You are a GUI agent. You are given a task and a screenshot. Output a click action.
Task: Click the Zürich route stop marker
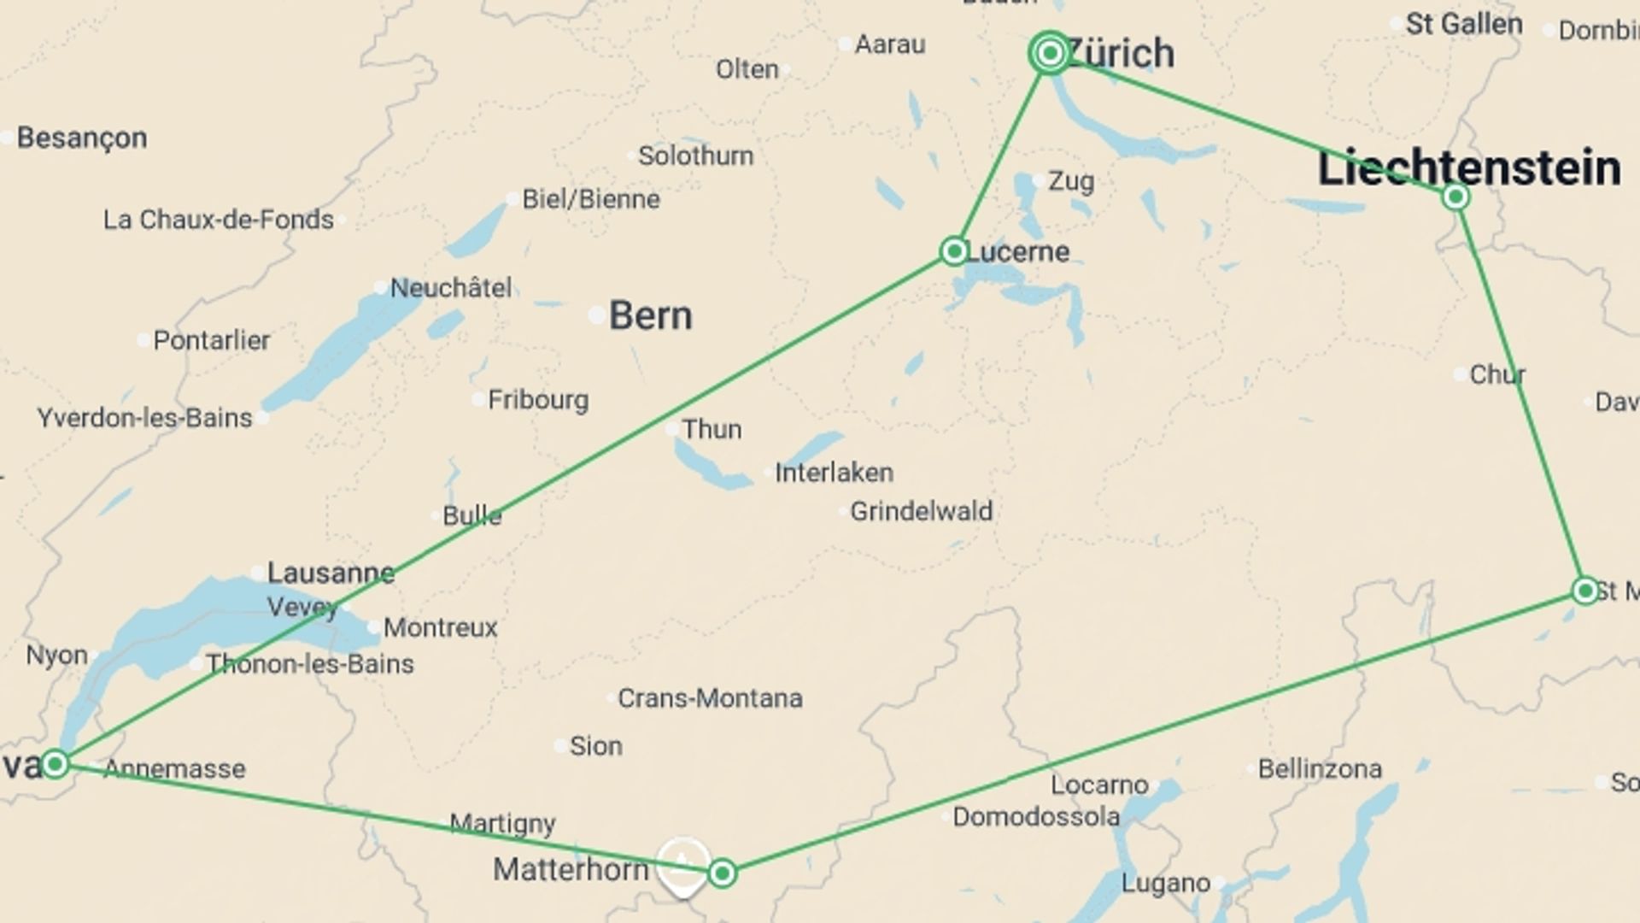coord(1050,54)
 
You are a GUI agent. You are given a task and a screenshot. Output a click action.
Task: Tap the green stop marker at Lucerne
coord(953,251)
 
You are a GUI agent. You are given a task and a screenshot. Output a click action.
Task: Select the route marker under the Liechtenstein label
coord(1455,197)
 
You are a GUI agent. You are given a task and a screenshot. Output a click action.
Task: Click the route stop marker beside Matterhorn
coord(722,873)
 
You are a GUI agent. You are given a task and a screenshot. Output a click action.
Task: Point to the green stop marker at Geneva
coord(56,763)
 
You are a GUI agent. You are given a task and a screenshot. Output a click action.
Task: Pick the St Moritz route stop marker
coord(1585,591)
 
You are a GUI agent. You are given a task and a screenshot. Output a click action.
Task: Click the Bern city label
coord(650,316)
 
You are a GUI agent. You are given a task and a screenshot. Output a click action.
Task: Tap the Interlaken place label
coord(834,473)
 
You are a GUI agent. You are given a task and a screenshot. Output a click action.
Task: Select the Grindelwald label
coord(921,511)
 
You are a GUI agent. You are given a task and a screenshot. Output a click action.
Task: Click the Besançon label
coord(82,138)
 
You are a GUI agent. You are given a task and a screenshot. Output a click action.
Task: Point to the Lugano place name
coord(1165,883)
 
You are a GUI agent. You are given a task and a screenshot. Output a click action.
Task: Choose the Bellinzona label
coord(1320,769)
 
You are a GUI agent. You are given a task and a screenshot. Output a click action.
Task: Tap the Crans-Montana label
coord(710,698)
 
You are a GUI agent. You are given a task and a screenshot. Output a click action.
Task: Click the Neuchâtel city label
coord(451,288)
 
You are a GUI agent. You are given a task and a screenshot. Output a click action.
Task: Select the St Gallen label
coord(1463,24)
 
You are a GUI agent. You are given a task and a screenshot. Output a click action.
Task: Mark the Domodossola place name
coord(1035,817)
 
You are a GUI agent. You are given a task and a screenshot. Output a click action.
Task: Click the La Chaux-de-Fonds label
coord(219,220)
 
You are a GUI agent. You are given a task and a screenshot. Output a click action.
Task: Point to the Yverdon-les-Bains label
coord(145,418)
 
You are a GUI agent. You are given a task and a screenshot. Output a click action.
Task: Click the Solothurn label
coord(695,156)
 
